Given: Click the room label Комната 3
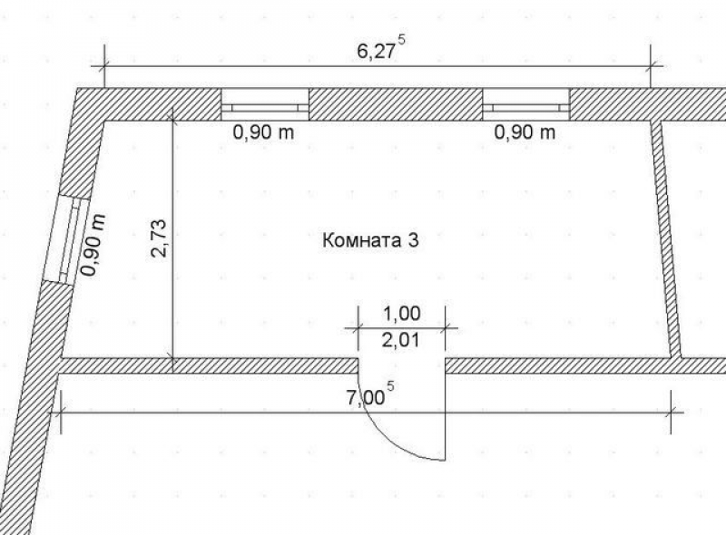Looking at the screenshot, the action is (x=370, y=240).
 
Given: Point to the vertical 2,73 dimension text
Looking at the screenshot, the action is (x=158, y=238).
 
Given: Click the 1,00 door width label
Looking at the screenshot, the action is (x=402, y=314).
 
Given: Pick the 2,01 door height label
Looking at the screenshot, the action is (x=401, y=341).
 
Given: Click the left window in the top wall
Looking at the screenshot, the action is (x=265, y=104).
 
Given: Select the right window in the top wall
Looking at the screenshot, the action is (x=526, y=104).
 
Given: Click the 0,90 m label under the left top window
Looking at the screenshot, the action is (x=263, y=132).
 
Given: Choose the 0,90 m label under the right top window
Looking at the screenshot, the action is (x=525, y=132).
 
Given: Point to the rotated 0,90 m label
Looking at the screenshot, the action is (x=93, y=245).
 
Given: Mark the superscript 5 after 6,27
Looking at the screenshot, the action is (x=401, y=40).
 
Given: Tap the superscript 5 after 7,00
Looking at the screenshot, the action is (x=391, y=385).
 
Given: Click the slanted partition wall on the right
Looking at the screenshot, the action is (x=666, y=239).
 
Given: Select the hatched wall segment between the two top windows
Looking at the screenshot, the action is (x=396, y=104).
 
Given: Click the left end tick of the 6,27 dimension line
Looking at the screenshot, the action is (x=104, y=66).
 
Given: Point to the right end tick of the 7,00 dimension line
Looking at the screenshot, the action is (x=671, y=411).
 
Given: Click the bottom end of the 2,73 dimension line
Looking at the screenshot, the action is (x=172, y=358).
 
